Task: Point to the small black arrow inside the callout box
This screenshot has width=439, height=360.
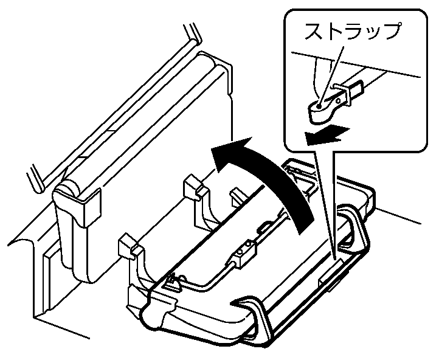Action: point(327,136)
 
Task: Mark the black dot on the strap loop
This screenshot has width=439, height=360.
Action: point(319,106)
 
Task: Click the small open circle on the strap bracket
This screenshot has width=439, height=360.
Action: point(339,100)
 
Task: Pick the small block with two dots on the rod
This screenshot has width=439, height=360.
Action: point(243,254)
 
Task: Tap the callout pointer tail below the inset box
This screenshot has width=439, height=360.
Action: point(325,204)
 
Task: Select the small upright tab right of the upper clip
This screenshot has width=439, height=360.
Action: point(237,196)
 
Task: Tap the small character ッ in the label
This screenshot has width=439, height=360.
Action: point(373,32)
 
